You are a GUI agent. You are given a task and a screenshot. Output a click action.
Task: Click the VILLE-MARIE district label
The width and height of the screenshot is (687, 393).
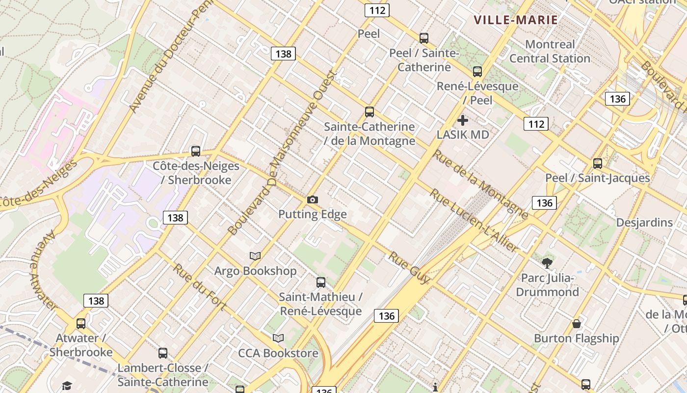(516, 20)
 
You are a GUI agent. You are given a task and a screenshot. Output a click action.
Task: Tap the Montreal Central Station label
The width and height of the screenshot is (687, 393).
(550, 52)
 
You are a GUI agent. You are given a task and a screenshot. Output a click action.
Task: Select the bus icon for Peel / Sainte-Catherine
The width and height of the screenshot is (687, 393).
(424, 38)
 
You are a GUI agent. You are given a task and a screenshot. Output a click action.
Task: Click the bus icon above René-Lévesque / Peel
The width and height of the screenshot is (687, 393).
(477, 72)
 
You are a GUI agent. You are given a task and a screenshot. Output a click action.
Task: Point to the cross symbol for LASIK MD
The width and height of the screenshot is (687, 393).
(462, 120)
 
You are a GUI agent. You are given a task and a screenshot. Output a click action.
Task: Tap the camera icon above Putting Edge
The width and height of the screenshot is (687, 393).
(312, 199)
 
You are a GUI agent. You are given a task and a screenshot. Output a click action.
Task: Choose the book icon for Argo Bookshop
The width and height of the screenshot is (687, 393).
(255, 256)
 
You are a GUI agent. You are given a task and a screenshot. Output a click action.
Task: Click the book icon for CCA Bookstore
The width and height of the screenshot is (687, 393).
(278, 338)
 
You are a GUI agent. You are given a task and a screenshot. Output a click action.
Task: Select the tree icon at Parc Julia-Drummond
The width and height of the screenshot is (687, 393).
(547, 263)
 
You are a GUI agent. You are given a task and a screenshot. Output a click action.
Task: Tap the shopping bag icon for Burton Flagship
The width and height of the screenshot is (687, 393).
(577, 324)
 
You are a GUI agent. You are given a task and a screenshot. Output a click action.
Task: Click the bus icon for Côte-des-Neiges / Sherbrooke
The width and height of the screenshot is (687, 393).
(196, 151)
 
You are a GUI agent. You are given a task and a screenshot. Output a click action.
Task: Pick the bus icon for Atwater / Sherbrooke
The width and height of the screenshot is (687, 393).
(81, 324)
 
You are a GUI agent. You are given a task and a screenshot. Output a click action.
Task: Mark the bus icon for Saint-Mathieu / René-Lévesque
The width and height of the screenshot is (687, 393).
(321, 282)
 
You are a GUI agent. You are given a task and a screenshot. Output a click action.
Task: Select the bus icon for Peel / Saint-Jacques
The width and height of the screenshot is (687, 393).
(597, 164)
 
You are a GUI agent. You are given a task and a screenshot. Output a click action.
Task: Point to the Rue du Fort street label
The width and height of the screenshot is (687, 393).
(199, 287)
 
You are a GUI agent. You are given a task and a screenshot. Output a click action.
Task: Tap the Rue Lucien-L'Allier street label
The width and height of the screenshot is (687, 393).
(474, 221)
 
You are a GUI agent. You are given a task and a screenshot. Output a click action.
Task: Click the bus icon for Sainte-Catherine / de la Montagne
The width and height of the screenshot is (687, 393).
(370, 112)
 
